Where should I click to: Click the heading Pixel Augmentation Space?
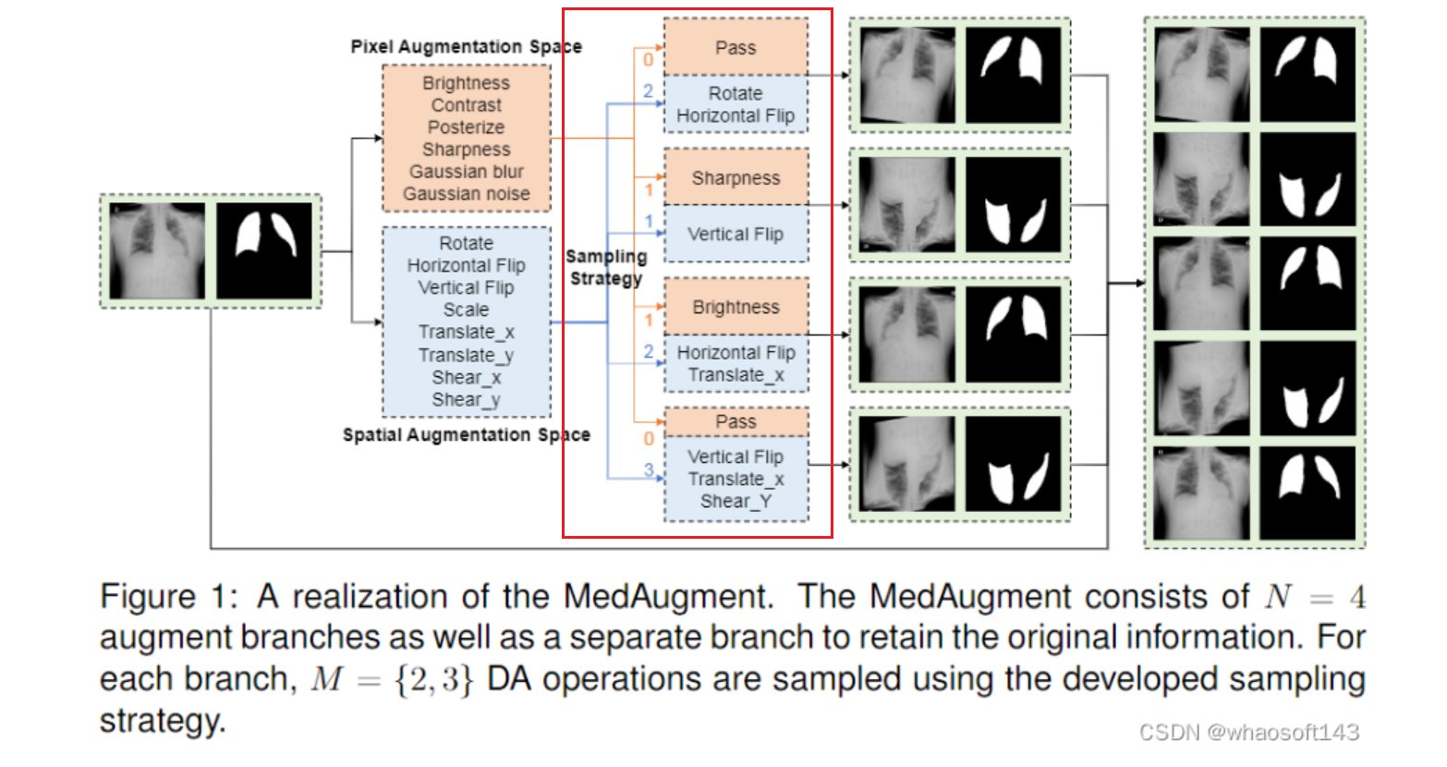tap(466, 46)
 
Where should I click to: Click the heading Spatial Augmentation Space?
tap(466, 434)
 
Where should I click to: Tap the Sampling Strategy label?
tap(606, 267)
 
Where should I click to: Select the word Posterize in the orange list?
tap(466, 128)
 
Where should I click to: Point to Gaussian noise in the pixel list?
tap(466, 194)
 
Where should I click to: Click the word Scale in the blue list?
tap(466, 310)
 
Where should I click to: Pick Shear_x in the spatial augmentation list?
tap(466, 377)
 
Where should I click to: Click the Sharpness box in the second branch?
tap(736, 177)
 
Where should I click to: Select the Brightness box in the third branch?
tap(736, 307)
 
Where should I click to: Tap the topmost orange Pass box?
tap(736, 47)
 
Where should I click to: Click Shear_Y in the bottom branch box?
tap(736, 501)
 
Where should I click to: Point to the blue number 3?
tap(649, 470)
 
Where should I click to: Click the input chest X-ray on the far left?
tap(156, 250)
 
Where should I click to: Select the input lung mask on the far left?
tap(264, 250)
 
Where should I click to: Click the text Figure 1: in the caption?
tap(168, 596)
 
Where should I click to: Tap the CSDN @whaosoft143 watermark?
tap(1248, 733)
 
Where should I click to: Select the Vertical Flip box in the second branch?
tap(736, 234)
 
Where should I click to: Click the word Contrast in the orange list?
tap(466, 105)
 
